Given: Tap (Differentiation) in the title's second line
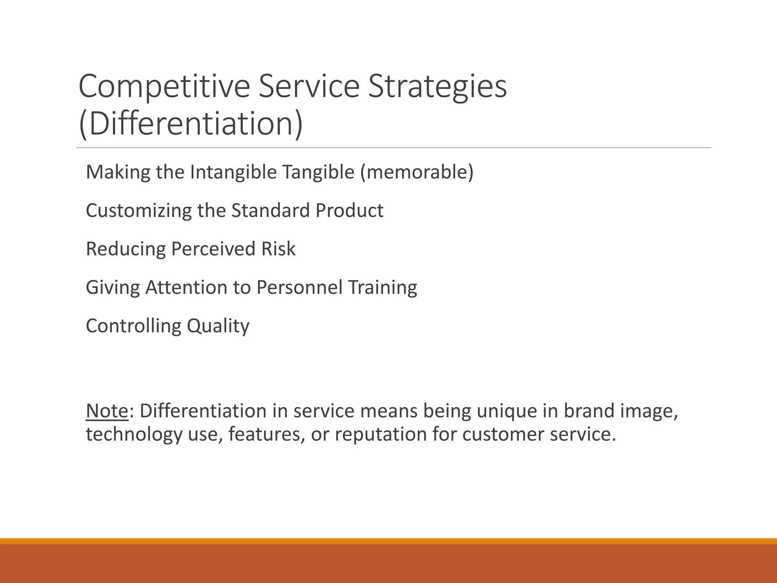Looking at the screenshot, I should click(x=191, y=124).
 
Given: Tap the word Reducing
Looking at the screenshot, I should click(x=126, y=249).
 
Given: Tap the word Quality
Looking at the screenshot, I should click(x=218, y=326).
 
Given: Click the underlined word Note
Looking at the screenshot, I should click(x=107, y=411).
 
